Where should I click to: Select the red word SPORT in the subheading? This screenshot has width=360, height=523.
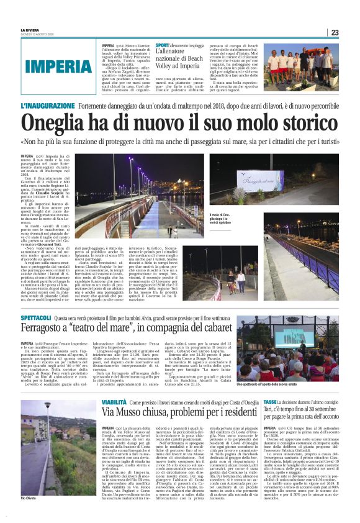pyautogui.click(x=162, y=46)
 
